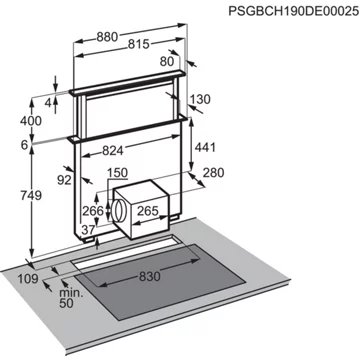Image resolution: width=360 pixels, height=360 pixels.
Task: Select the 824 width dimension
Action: click(x=117, y=151)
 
